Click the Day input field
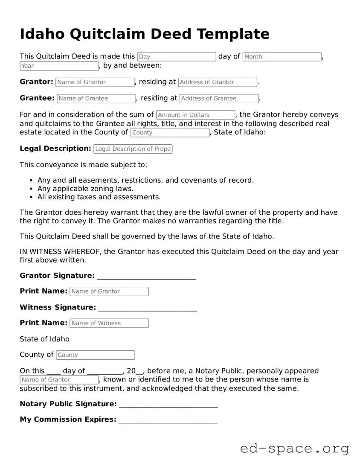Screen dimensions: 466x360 (x=177, y=57)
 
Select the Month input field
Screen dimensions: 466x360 (x=282, y=57)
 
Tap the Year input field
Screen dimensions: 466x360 (x=59, y=66)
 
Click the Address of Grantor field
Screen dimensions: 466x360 (x=218, y=82)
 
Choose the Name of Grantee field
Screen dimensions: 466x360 (x=96, y=99)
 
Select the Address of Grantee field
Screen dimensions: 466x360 (x=219, y=99)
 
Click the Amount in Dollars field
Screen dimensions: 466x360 (x=195, y=115)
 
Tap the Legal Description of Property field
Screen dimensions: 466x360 (x=133, y=149)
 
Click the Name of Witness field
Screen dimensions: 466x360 (x=109, y=323)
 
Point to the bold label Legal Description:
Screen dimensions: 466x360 (x=55, y=149)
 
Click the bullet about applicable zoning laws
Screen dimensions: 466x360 (x=85, y=189)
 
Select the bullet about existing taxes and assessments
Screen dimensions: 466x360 (x=99, y=197)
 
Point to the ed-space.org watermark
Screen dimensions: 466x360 (x=294, y=449)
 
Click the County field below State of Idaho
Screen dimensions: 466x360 (x=96, y=355)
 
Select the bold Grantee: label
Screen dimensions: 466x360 (x=37, y=98)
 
